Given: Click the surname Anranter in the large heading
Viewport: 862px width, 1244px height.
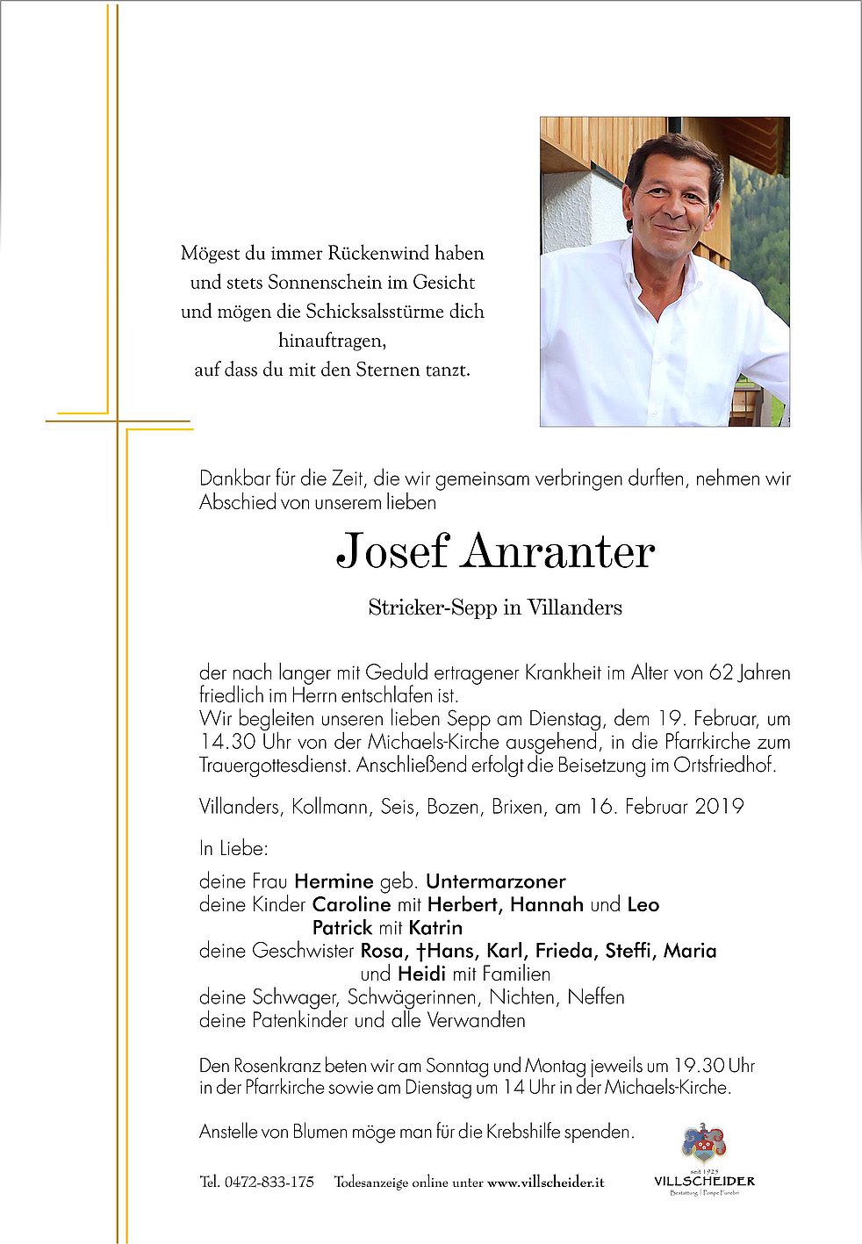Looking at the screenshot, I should pos(559,551).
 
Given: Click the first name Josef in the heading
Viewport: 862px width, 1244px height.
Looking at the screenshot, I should pos(392,551).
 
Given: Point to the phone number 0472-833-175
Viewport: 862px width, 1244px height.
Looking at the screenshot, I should pos(269,1182).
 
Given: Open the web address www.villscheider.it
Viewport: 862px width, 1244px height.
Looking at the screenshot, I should pos(545,1183).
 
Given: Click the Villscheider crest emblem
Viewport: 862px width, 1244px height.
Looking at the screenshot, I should pos(704,1143).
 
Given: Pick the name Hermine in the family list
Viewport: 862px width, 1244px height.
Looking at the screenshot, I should pos(334,881).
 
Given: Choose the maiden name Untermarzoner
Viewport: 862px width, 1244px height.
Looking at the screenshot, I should pos(496,881).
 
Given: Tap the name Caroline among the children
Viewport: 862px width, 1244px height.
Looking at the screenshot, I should pos(351,904).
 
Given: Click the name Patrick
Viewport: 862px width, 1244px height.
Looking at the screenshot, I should pos(342,927).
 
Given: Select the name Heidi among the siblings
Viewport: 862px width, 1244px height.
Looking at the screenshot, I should pos(422,974).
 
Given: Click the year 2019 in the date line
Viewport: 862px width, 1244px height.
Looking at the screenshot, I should pos(719,806).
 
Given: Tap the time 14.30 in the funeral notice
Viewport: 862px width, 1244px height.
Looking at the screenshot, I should pos(227,742).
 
